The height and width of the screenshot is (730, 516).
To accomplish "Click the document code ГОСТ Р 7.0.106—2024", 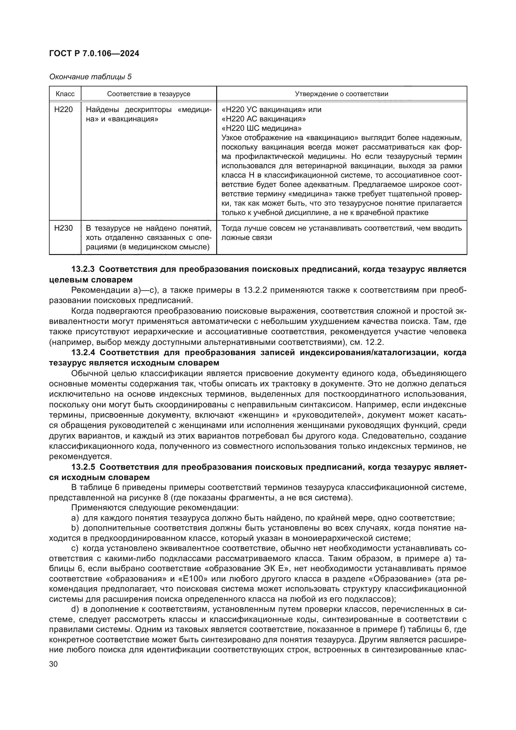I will (94, 53).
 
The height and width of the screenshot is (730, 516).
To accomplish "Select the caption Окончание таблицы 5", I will (90, 77).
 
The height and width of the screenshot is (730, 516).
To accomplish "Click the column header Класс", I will (65, 94).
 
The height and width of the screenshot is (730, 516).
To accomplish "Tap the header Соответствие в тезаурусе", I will (149, 94).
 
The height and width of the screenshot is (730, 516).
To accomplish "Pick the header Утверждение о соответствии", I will (342, 94).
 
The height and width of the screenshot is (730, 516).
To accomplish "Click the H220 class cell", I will (64, 110).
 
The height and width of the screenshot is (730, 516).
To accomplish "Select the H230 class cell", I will (64, 228).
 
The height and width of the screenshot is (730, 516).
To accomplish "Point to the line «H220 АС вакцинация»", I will (263, 119).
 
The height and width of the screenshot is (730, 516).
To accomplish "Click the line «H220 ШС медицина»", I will (261, 129).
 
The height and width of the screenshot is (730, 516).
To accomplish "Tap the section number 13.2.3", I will (83, 269).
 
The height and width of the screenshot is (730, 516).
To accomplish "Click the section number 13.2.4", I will (83, 352).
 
